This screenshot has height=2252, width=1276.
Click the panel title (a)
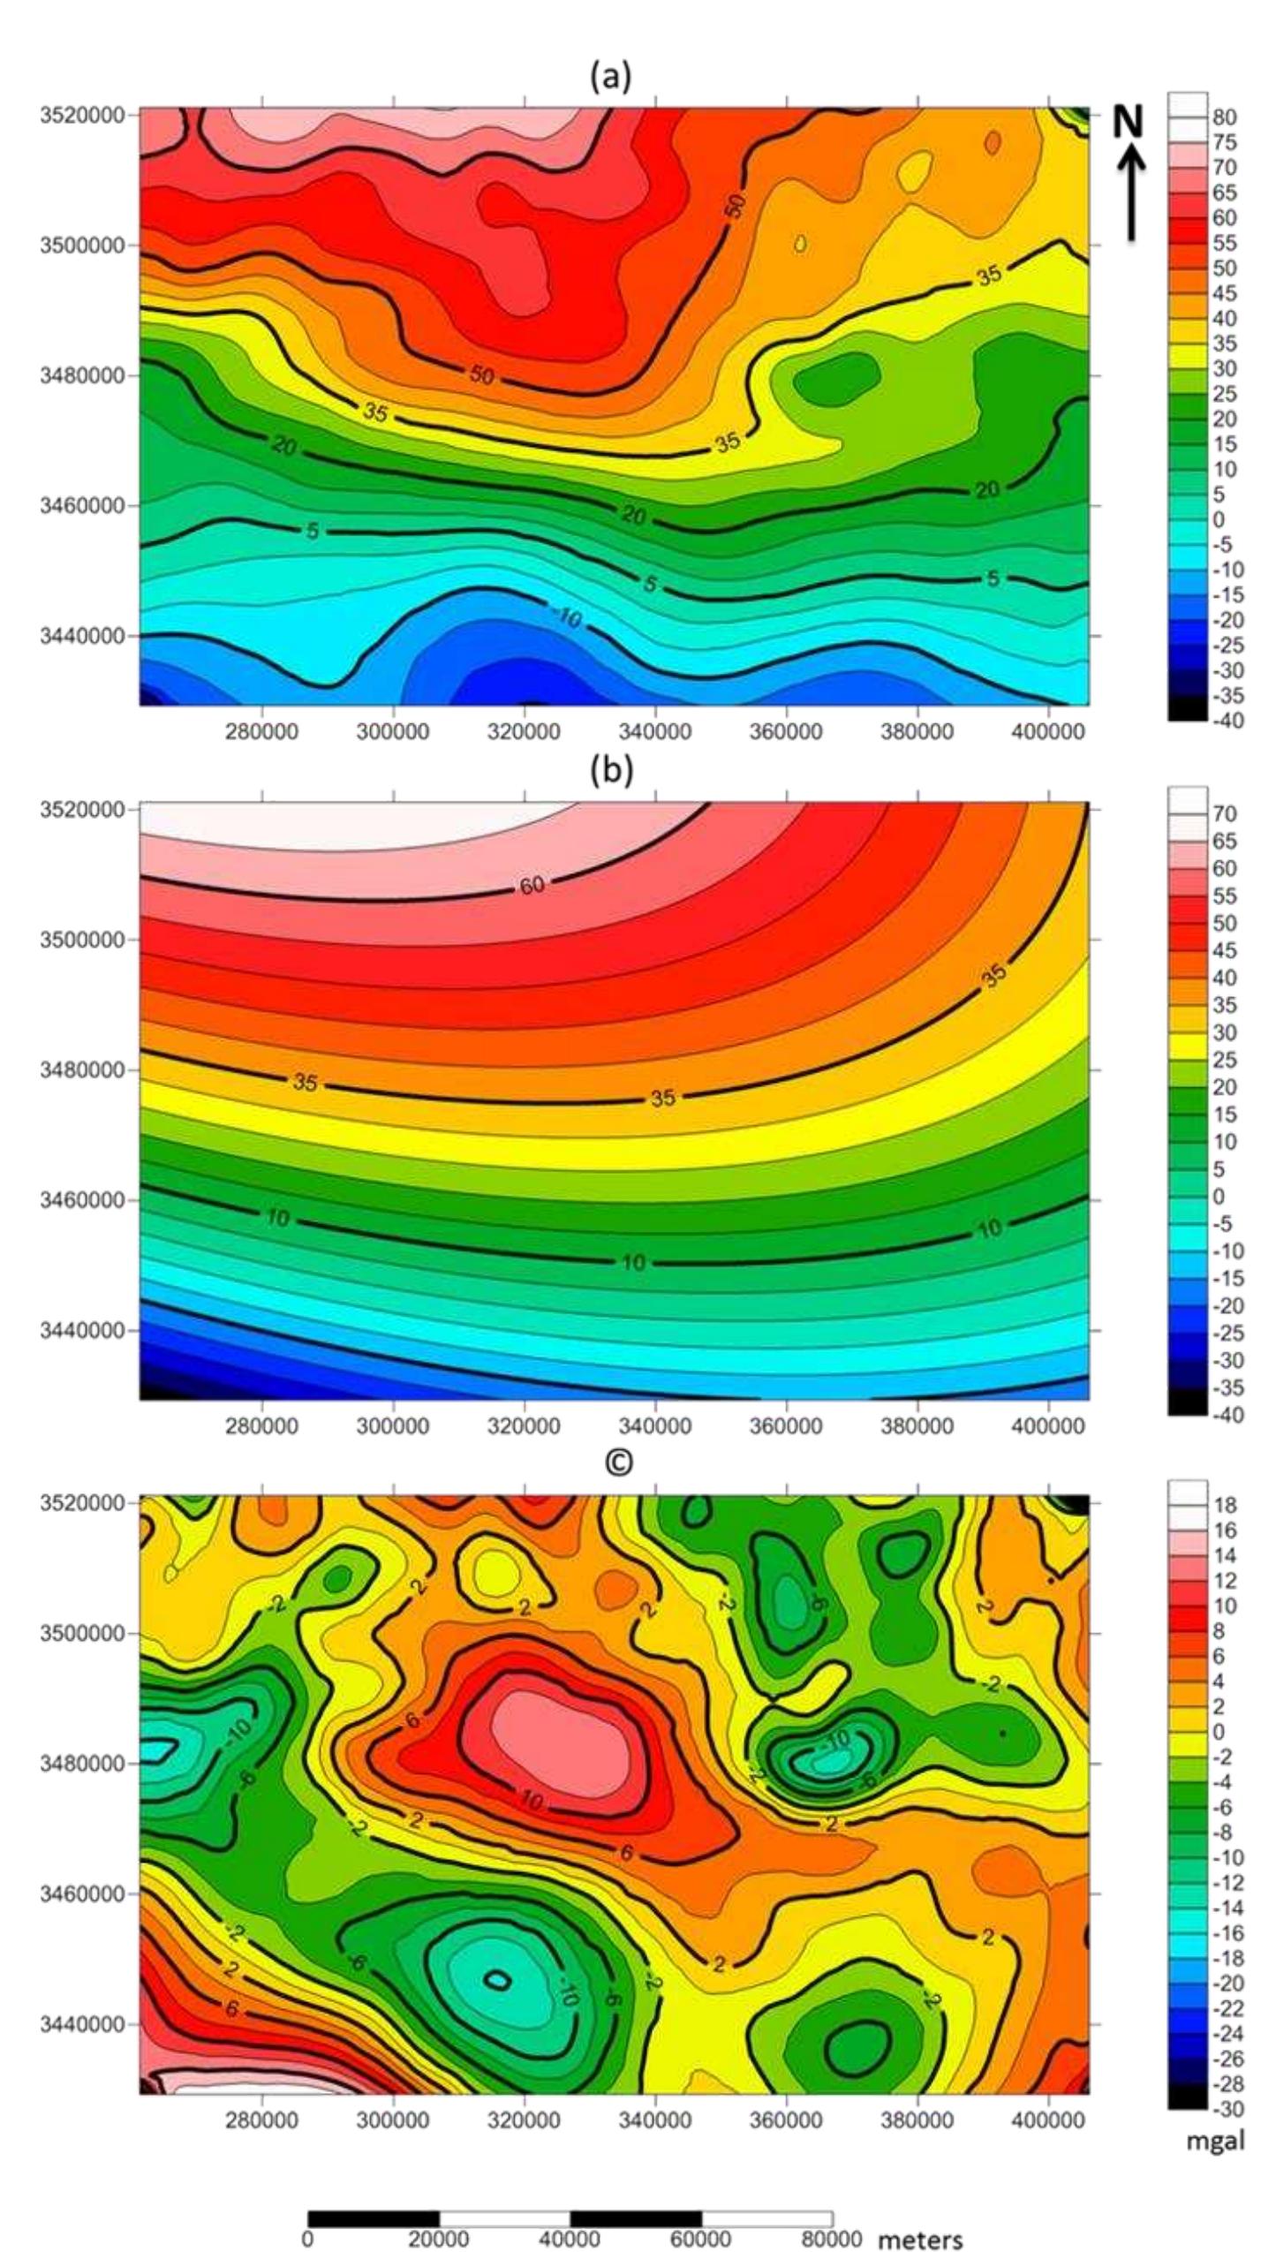610,78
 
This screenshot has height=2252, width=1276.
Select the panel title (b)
610,771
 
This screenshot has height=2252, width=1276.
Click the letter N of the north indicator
1128,123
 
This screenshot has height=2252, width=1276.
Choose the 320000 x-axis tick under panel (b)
524,1426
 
